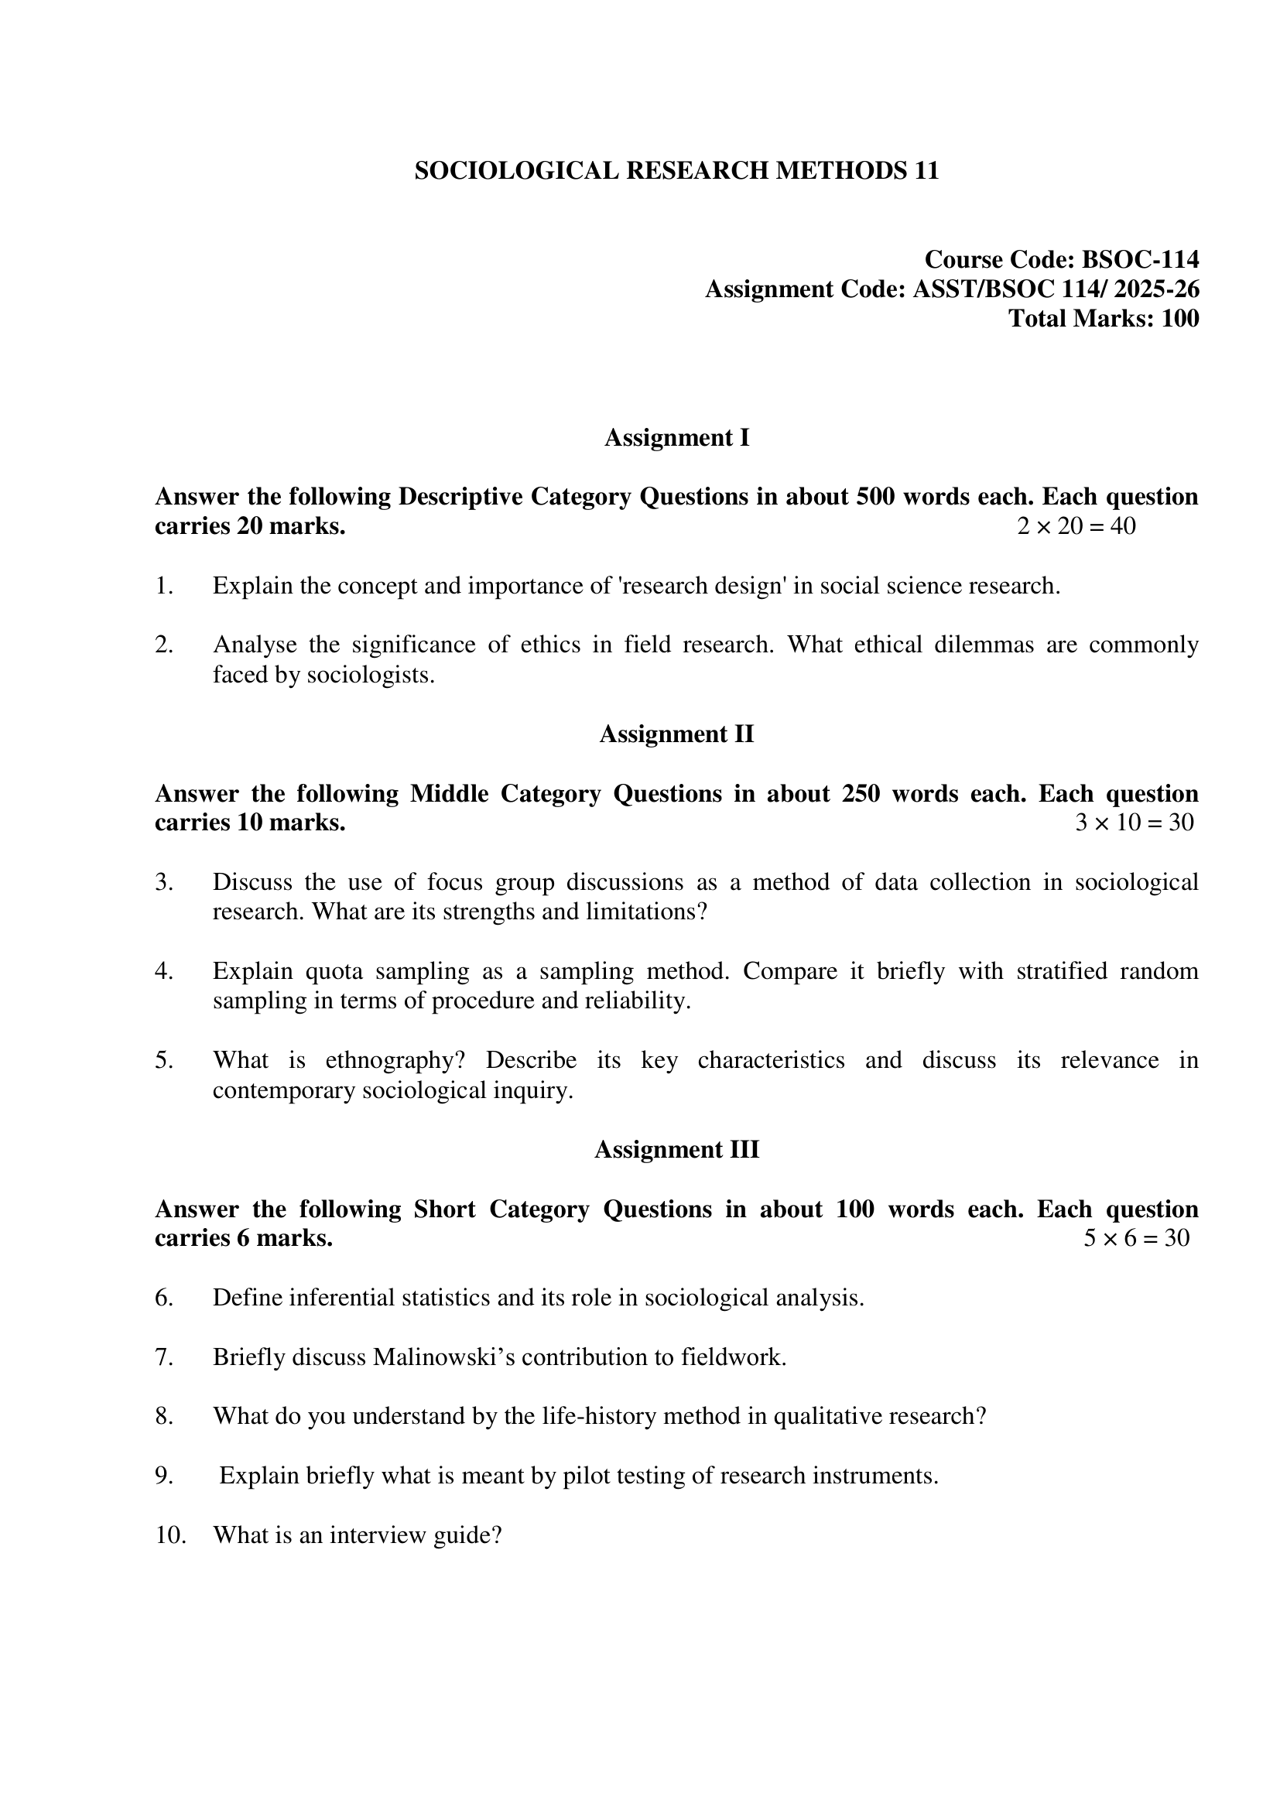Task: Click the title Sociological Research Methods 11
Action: click(676, 171)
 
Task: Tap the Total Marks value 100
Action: click(1180, 319)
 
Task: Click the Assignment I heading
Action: click(676, 437)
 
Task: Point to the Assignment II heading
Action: click(676, 734)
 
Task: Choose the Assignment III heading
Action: click(676, 1149)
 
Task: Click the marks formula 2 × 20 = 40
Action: click(1076, 525)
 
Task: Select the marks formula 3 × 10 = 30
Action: click(1135, 823)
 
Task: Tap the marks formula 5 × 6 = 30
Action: click(1136, 1237)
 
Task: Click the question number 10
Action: click(170, 1535)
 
